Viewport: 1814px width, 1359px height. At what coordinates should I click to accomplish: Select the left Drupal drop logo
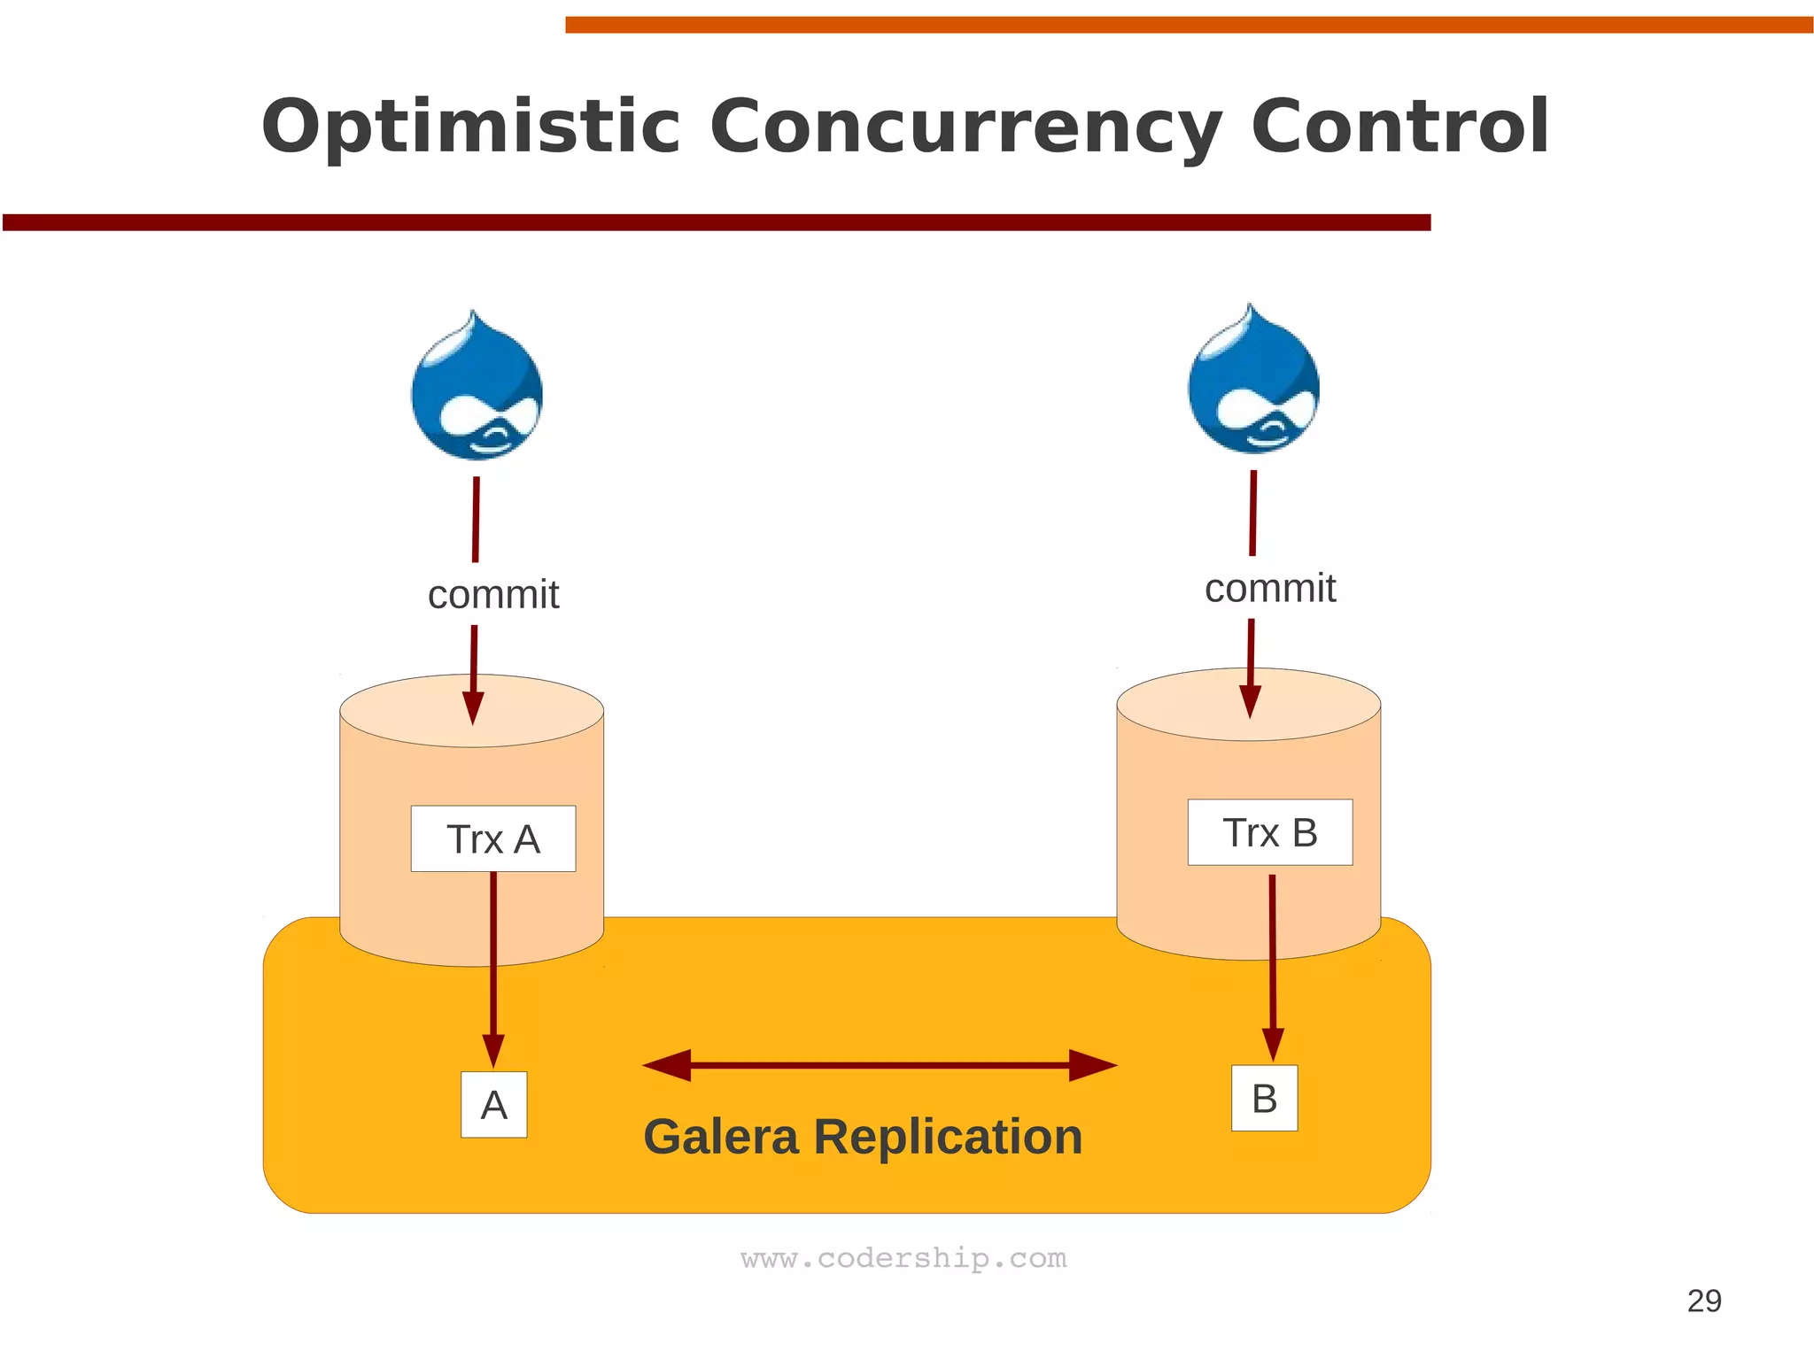point(477,390)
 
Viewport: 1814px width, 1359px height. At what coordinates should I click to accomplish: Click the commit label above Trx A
point(493,595)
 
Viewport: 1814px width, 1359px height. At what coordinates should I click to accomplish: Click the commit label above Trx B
point(1270,589)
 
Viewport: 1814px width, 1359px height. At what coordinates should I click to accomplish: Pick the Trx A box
point(493,838)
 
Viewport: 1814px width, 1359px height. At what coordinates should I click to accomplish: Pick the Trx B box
point(1270,832)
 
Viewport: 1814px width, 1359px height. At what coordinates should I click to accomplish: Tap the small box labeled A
point(494,1104)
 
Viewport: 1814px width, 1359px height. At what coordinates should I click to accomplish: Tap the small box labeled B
point(1264,1098)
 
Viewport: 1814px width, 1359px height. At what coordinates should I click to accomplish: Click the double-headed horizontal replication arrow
point(880,1065)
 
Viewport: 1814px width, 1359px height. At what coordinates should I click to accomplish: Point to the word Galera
point(721,1137)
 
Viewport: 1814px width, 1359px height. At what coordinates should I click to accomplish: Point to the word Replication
point(948,1137)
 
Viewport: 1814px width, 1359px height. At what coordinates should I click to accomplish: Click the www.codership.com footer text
point(903,1258)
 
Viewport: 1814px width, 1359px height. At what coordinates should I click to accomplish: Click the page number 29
point(1703,1301)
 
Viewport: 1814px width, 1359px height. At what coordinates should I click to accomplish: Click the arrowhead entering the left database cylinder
point(474,707)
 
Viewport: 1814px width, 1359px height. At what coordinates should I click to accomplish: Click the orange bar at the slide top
point(1187,25)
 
